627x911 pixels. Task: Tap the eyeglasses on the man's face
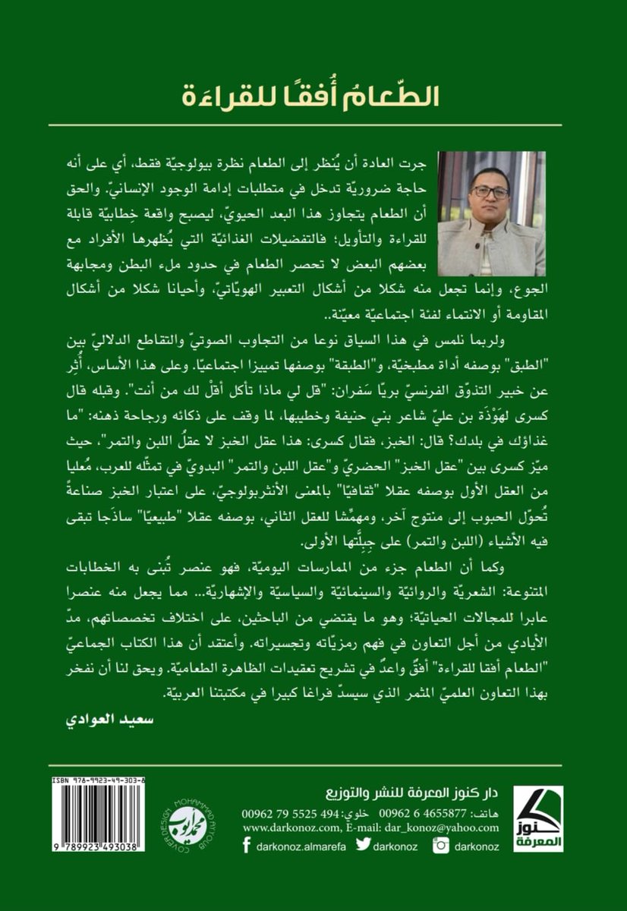click(490, 193)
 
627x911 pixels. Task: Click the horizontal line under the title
click(313, 125)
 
